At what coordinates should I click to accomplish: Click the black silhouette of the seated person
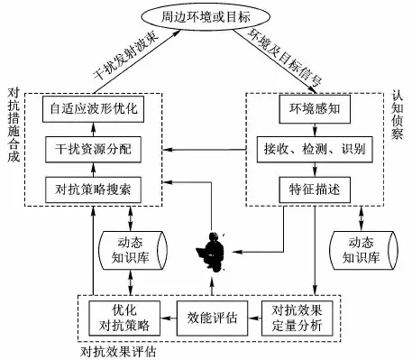(212, 252)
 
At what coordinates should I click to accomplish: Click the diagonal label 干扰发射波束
(125, 56)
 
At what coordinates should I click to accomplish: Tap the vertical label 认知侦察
(397, 115)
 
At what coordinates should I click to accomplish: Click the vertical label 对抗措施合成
(14, 125)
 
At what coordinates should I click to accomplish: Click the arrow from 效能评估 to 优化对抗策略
(169, 318)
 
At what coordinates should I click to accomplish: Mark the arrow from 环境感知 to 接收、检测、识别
(315, 130)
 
